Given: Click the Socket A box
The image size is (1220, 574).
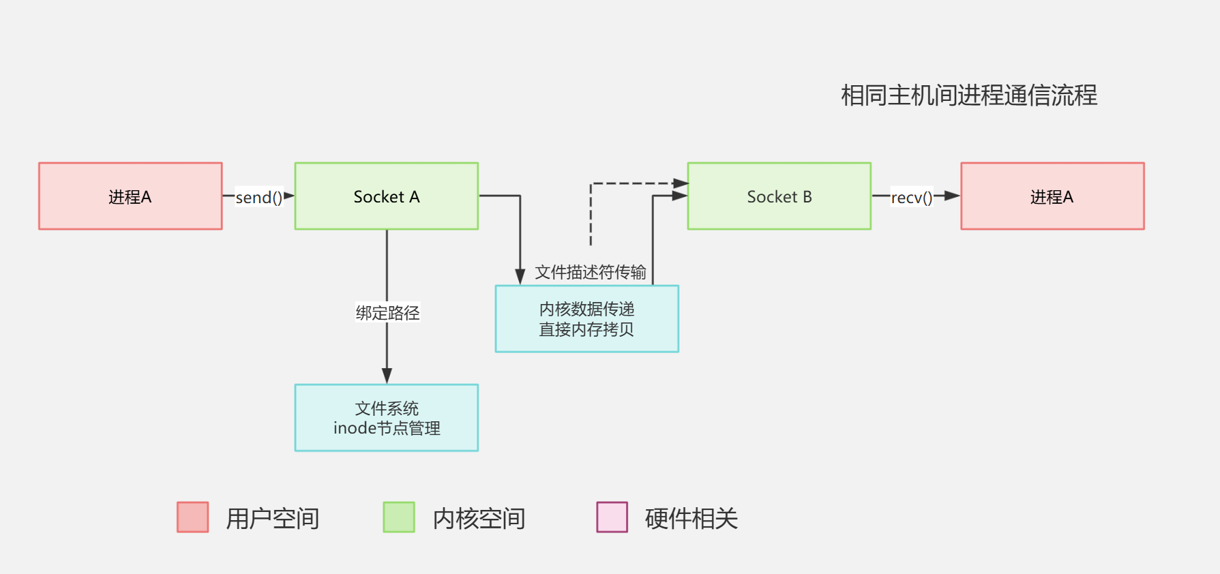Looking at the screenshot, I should (386, 196).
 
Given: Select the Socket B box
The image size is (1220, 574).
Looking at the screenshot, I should (779, 196).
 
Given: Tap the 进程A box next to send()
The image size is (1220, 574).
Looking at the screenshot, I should (130, 196).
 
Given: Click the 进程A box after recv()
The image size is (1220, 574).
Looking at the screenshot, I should (1052, 196).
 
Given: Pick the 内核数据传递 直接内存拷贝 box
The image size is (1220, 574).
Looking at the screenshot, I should (586, 319).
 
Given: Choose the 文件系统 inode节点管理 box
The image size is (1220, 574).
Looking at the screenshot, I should (386, 418).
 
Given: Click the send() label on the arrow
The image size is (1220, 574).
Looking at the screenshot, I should (258, 198).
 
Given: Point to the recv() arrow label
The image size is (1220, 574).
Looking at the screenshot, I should (911, 198).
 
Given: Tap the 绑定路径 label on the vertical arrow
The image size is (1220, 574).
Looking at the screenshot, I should (387, 313).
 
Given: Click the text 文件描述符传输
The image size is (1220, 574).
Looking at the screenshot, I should (590, 273).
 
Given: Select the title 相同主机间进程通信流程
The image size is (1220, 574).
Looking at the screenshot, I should (968, 95).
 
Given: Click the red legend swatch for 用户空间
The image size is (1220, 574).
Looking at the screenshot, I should (192, 517).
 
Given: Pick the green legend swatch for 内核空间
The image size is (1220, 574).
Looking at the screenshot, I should (399, 517).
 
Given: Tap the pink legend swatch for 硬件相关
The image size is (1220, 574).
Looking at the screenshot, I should (612, 517).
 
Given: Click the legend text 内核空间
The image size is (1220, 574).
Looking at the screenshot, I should (479, 519).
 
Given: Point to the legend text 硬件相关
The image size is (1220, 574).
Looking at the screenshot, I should (691, 519).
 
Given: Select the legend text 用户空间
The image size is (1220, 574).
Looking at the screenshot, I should (272, 519).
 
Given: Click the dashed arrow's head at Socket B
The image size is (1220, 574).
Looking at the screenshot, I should (680, 183).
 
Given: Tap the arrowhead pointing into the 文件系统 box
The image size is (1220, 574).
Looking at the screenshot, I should (387, 376).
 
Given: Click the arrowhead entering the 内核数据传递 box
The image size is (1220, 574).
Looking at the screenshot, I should (520, 276).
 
